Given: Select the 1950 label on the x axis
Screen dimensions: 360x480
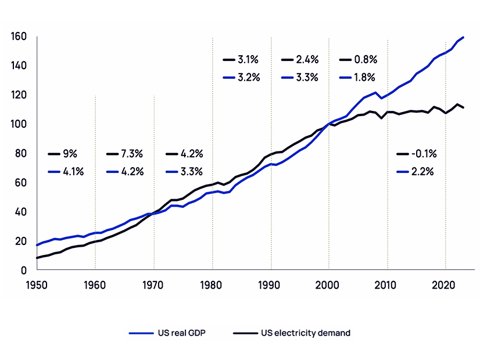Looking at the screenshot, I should click(37, 285).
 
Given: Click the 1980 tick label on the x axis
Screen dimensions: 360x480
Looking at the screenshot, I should click(212, 285).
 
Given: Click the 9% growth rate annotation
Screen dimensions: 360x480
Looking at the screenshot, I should click(70, 154).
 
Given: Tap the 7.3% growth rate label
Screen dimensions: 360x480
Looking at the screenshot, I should click(131, 154).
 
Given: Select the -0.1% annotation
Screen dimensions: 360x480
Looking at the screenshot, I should click(424, 154).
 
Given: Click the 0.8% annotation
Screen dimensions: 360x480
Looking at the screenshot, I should click(365, 59).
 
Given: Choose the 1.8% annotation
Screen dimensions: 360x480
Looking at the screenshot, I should click(365, 77).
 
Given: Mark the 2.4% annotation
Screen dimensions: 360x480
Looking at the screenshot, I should click(307, 59).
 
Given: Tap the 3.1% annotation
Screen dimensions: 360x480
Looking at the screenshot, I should click(248, 59).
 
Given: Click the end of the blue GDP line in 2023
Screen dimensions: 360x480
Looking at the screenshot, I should click(463, 37).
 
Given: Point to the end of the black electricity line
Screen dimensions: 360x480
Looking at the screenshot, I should click(463, 107).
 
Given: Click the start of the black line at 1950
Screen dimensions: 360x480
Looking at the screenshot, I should click(37, 258).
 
